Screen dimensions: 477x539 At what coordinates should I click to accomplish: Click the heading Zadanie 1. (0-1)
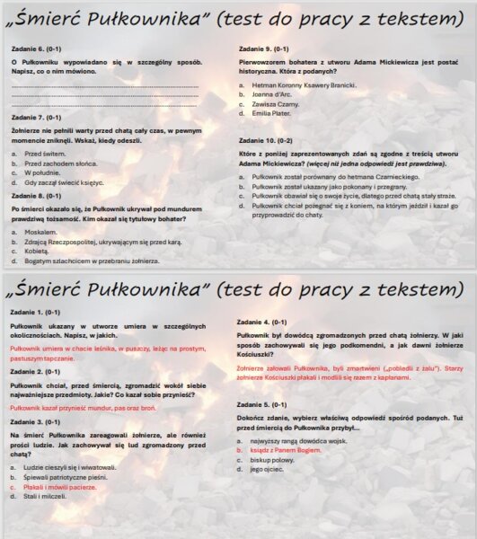point(36,312)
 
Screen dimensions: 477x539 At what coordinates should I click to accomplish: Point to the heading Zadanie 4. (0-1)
point(261,321)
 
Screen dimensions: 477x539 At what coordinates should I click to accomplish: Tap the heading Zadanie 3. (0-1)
point(36,421)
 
